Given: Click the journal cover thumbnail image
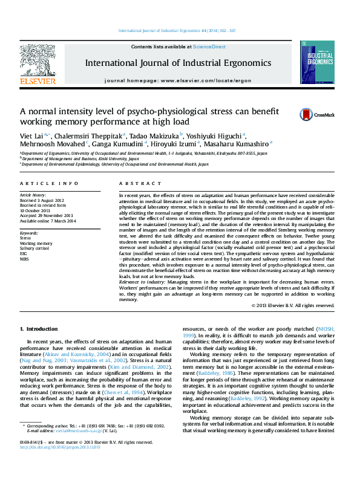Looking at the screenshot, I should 316,62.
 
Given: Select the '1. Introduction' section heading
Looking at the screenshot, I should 39,329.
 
